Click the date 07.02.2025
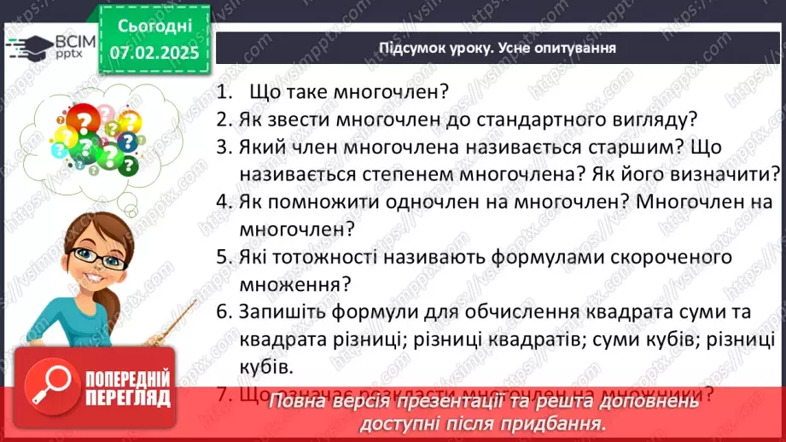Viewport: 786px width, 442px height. [x=154, y=52]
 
